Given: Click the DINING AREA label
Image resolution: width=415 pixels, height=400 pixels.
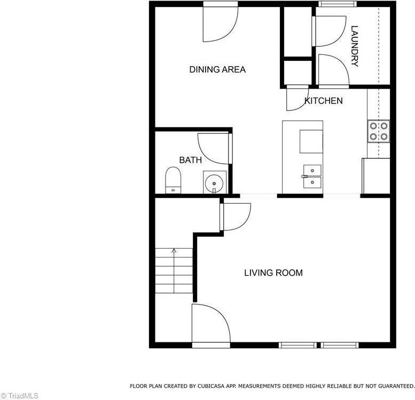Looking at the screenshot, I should coord(217,69).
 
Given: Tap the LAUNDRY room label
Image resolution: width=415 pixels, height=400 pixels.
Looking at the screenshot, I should coord(355,46).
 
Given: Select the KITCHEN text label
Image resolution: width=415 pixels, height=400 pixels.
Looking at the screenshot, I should coord(323,100).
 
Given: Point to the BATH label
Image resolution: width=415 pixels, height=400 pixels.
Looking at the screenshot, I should coord(190,160).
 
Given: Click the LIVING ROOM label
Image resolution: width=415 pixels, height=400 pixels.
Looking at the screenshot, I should coord(273,273).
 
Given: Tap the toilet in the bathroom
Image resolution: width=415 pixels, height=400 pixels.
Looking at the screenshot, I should coord(173,180).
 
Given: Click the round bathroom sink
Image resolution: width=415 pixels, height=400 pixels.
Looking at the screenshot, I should coord(214,182).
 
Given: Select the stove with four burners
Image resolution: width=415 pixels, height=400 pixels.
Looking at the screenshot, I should coord(378,131).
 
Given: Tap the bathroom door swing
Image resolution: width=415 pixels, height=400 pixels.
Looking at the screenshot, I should coord(214,148).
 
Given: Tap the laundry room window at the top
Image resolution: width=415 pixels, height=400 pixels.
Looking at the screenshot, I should coord(338,4).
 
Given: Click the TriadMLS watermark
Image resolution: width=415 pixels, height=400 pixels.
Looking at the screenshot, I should coord(20,396).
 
